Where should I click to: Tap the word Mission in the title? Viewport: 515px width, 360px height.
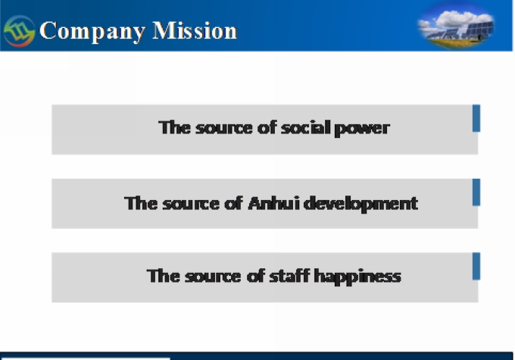coord(195,30)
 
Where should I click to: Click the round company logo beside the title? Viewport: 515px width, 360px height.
coord(19,31)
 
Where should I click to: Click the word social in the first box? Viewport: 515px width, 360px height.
coord(306,127)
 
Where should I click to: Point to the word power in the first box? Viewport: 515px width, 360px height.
coord(362,129)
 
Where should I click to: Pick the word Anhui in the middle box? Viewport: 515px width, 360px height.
coord(274,203)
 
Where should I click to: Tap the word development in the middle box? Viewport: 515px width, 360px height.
coord(360,204)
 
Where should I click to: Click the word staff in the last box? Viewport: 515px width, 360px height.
coord(289,276)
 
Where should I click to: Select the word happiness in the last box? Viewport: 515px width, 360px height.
coord(357,277)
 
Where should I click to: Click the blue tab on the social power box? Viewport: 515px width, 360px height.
coord(476,118)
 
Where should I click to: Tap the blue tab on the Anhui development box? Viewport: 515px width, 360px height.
coord(476,193)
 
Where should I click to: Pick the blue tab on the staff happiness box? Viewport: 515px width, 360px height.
coord(476,266)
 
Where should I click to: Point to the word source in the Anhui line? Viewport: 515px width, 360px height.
coord(191,204)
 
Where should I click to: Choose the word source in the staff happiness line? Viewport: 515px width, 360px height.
coord(213,277)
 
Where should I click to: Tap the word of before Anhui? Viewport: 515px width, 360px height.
coord(234,203)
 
